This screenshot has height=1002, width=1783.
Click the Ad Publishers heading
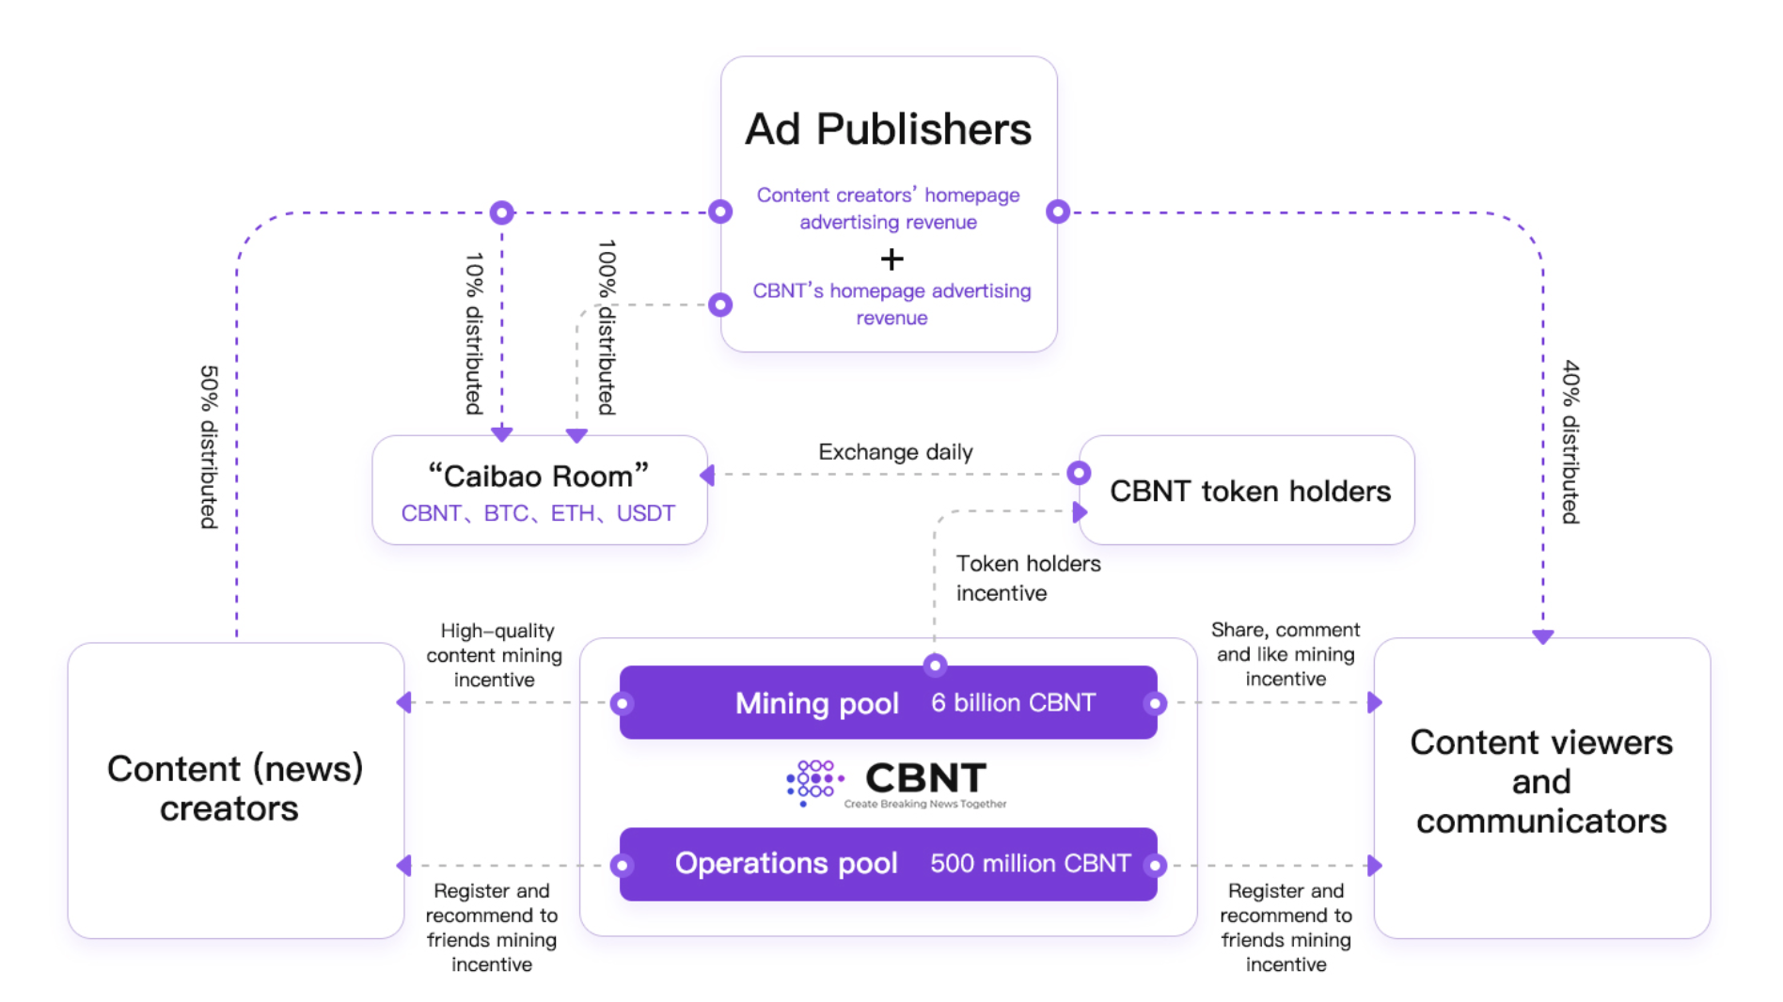coord(888,130)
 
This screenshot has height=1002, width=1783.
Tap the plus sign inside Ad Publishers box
coord(891,258)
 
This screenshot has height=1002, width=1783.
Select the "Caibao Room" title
coord(538,476)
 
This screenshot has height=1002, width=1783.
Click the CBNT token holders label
coord(1250,491)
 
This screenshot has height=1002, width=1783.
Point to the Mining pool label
coord(816,703)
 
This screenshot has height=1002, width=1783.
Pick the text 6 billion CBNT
coord(1013,703)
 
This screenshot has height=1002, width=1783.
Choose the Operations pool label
coord(786,863)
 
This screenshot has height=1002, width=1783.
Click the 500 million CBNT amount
coord(1030,864)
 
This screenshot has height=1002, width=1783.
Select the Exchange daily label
coord(895,452)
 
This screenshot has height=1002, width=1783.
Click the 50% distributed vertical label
coord(209,446)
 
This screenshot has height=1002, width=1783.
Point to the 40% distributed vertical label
coord(1570,441)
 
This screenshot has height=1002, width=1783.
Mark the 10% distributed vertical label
coord(474,333)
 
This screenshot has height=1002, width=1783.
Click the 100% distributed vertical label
coord(607,326)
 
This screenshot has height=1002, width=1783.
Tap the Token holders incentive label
coord(1028,578)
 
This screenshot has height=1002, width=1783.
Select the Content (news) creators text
coord(234,788)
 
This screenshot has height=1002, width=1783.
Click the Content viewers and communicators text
coord(1541,781)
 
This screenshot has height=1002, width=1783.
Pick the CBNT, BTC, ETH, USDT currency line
coord(538,513)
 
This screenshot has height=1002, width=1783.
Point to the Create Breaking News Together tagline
coord(924,804)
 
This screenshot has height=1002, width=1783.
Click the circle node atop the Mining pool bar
coord(934,665)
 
